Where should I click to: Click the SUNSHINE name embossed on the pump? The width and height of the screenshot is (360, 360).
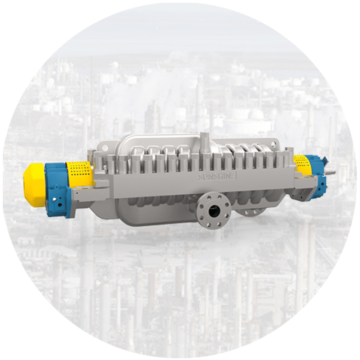point(217,176)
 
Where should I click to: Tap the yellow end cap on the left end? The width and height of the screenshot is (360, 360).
point(35,184)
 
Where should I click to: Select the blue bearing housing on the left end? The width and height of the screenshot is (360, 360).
point(58,189)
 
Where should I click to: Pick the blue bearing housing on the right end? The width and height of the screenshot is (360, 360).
point(317,177)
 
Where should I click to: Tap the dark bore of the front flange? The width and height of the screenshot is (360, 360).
point(213,209)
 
